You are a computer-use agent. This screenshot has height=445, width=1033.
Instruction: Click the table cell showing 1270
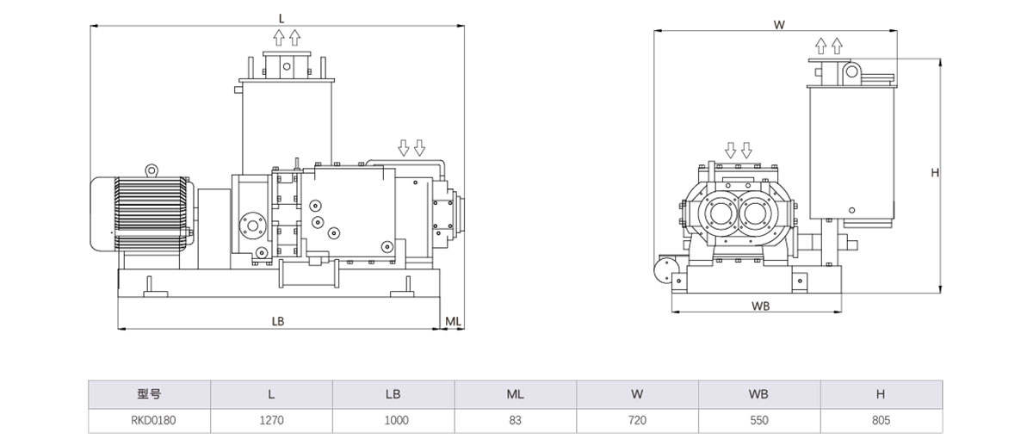[x=271, y=421]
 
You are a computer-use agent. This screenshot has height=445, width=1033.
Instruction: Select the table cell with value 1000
[x=393, y=421]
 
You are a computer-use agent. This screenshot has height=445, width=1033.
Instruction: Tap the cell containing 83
[x=515, y=421]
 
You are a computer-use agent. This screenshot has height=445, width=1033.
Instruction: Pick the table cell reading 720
[x=637, y=421]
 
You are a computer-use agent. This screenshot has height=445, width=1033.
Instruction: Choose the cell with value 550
[x=758, y=421]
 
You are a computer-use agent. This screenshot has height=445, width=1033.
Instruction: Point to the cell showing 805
[x=880, y=421]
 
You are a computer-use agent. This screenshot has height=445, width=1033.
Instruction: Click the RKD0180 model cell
[x=149, y=421]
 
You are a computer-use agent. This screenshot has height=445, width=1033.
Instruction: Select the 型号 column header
[x=149, y=395]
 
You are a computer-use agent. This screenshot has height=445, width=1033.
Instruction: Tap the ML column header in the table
[x=515, y=395]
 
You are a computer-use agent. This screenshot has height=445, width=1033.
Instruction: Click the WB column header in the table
[x=758, y=395]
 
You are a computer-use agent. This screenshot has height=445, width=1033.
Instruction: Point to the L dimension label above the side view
[x=281, y=17]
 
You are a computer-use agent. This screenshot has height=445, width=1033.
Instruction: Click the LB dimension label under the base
[x=277, y=320]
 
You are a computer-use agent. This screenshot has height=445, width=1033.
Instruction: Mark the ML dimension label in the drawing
[x=454, y=320]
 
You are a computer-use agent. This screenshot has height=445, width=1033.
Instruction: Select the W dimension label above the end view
[x=779, y=25]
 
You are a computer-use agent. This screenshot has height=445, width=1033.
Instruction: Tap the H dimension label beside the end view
[x=935, y=172]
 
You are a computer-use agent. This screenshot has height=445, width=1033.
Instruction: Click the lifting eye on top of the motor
[x=152, y=170]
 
